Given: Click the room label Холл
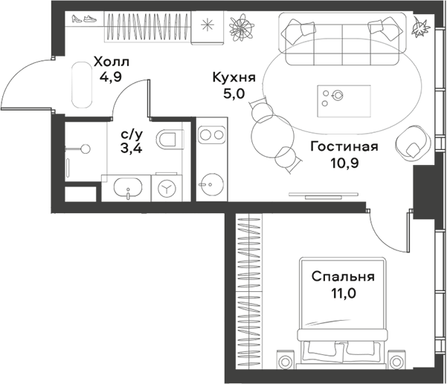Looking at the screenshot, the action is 112,62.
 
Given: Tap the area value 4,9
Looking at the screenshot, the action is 110,77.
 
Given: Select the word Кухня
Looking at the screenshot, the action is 234,78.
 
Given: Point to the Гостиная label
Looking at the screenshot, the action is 344,147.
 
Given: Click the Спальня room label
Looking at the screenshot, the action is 343,277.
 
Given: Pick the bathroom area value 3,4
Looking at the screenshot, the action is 132,149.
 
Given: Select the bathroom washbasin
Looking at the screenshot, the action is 128,188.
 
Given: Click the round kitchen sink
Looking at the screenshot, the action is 212,184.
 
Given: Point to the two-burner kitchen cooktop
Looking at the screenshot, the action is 211,135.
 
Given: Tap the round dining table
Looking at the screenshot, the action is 273,137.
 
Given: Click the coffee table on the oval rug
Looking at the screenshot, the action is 344,101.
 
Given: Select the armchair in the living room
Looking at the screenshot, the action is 413,143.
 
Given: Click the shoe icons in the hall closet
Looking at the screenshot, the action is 84,19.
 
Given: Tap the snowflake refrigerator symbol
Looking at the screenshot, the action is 208,25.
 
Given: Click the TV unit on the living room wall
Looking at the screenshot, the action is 324,195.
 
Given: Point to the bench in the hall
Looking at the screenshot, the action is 82,85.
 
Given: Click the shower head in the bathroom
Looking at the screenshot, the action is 86,149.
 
